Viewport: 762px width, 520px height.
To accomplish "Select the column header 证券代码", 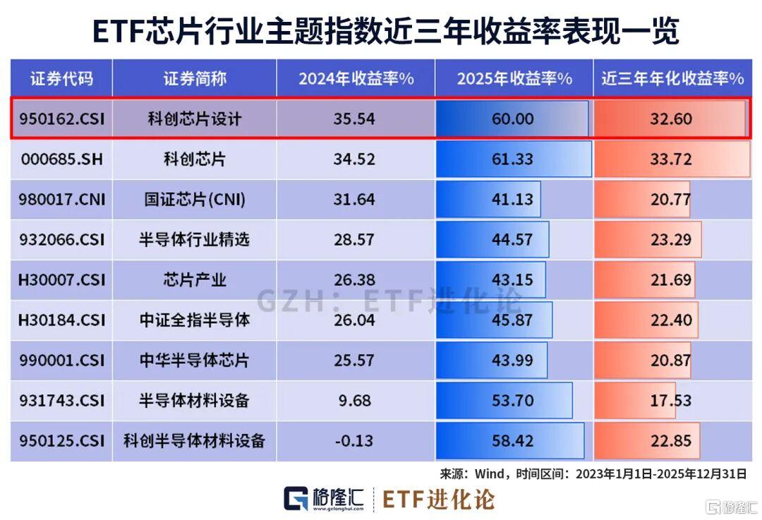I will click(61, 78).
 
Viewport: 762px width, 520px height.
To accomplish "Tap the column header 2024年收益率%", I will click(356, 78).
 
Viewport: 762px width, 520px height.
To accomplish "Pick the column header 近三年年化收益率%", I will click(672, 78).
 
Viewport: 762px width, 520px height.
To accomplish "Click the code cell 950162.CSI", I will click(61, 119).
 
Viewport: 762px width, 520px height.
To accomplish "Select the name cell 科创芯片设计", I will click(194, 119).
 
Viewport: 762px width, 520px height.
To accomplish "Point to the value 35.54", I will click(355, 119).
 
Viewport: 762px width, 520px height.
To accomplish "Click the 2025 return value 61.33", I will click(513, 159).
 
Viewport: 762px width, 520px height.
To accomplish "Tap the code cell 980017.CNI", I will click(61, 199).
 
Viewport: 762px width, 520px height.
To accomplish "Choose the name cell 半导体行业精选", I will click(194, 240).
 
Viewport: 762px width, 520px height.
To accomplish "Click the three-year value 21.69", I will click(671, 280).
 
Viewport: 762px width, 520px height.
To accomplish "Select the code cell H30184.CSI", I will click(61, 320).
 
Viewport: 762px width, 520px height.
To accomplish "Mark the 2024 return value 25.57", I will click(355, 361).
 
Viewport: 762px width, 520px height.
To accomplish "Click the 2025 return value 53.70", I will click(513, 401).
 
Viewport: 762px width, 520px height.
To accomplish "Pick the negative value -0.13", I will click(355, 441).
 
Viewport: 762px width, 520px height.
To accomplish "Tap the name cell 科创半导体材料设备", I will click(194, 441).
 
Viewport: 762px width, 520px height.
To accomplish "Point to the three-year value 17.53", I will click(671, 401).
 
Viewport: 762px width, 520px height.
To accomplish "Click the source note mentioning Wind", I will click(593, 473).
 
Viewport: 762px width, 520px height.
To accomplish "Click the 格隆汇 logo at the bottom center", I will click(325, 499).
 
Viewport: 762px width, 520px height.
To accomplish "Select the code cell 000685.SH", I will click(61, 159).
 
